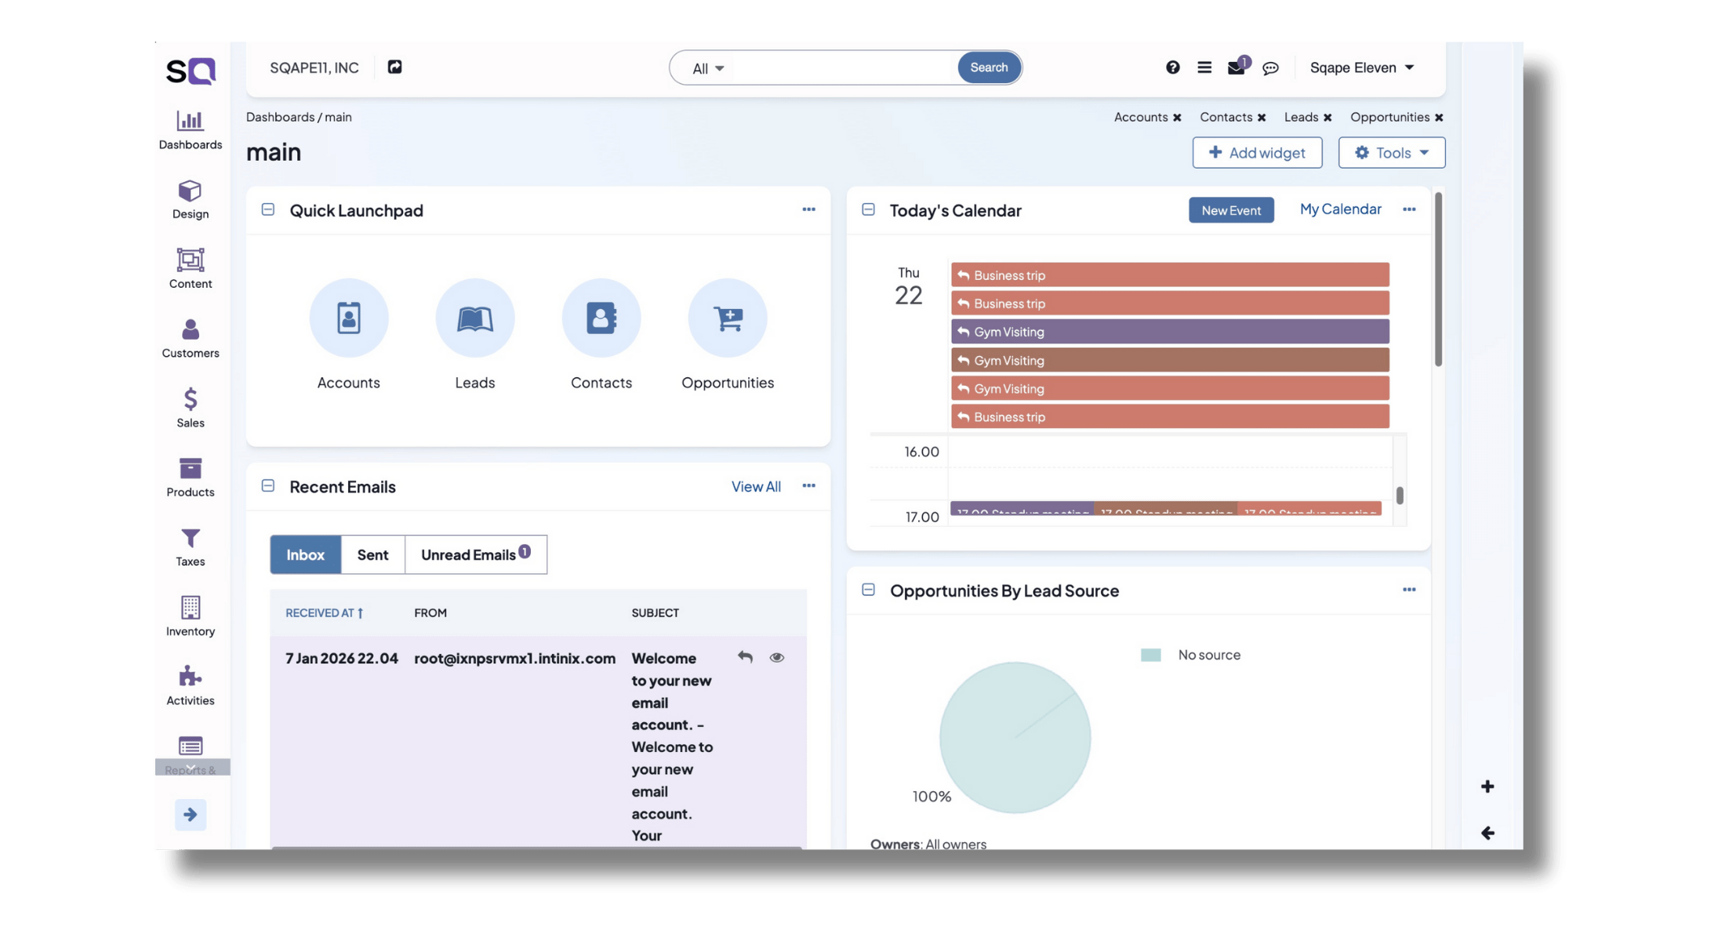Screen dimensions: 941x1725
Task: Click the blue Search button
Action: (x=988, y=67)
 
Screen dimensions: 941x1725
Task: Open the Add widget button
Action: (x=1257, y=152)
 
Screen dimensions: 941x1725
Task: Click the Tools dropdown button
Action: (x=1391, y=152)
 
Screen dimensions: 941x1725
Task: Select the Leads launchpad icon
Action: (x=474, y=318)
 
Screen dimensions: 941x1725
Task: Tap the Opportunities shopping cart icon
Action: (x=727, y=318)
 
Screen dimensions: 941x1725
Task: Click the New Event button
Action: (x=1230, y=210)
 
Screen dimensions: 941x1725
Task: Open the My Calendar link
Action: (x=1340, y=209)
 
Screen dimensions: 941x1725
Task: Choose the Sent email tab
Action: (x=372, y=554)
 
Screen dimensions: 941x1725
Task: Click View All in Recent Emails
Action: (x=755, y=487)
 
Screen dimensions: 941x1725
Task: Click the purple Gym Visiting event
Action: (x=1169, y=332)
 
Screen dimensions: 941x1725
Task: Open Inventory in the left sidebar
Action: (x=191, y=616)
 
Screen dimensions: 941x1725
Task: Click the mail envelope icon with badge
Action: (x=1236, y=67)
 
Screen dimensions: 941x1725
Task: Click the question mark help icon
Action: (x=1172, y=67)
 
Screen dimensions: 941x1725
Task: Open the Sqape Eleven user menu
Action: (x=1361, y=67)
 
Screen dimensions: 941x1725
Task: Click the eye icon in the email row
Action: (x=776, y=657)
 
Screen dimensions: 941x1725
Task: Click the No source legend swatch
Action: (x=1150, y=655)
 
